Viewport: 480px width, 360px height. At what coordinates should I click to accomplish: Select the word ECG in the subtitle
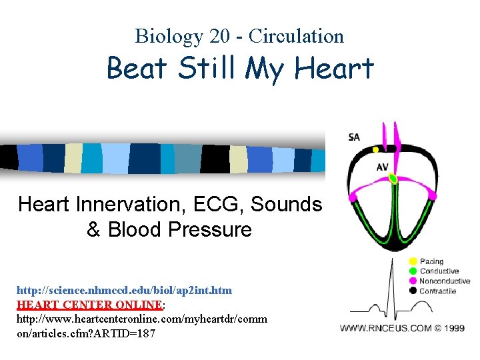(x=220, y=204)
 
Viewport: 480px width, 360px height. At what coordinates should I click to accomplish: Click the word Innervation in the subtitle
(x=131, y=204)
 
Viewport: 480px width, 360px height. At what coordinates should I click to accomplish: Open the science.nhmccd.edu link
(x=125, y=291)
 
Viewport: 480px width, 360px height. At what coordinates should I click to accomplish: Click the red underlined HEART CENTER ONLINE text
(x=89, y=304)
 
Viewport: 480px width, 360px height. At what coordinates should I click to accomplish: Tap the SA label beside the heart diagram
(x=354, y=137)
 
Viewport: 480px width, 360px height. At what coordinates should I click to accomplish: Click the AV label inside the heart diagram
(x=382, y=167)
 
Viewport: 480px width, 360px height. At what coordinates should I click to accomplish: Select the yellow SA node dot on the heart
(x=375, y=150)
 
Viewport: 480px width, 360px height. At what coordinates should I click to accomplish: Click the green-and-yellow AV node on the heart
(x=393, y=178)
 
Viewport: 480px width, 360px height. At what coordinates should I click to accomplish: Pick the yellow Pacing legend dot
(x=413, y=261)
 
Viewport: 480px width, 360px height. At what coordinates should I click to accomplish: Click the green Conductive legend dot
(x=413, y=271)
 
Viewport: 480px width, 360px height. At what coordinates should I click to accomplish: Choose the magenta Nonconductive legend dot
(x=413, y=281)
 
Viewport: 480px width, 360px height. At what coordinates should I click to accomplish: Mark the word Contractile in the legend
(x=438, y=291)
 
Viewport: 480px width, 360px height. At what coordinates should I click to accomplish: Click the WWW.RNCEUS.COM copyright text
(x=403, y=328)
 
